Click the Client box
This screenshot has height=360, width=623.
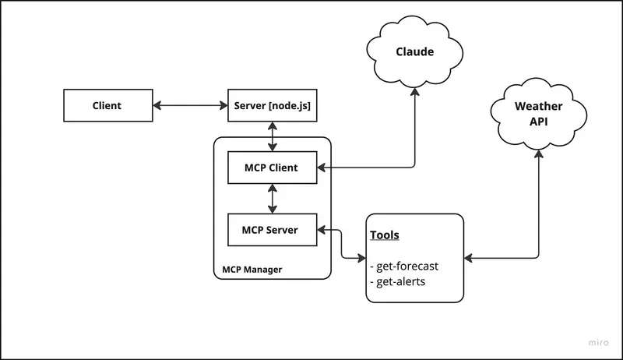107,105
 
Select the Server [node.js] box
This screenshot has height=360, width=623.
272,105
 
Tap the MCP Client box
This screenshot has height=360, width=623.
272,168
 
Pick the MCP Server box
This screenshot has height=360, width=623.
272,230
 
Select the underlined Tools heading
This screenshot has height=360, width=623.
385,235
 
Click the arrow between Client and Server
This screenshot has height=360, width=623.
189,105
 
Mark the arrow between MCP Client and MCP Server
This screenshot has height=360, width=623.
272,198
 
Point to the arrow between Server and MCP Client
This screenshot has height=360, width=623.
272,136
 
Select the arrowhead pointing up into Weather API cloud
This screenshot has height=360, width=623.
537,154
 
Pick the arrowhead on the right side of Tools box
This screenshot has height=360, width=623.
470,258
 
